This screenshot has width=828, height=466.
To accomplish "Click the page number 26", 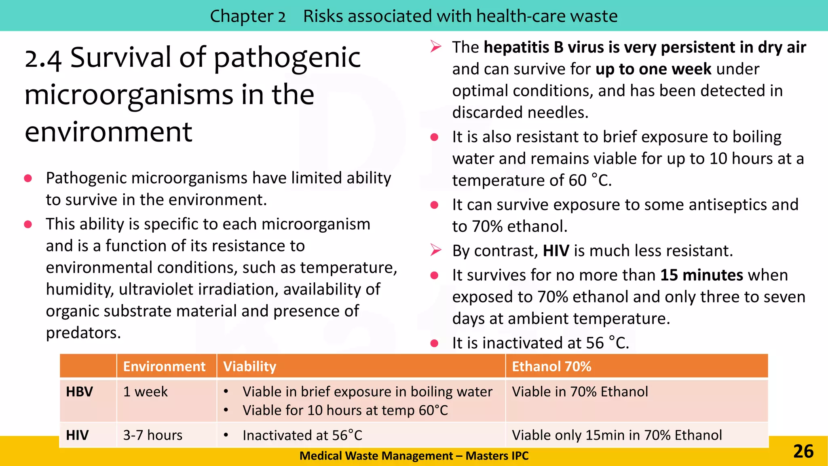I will pos(803,451).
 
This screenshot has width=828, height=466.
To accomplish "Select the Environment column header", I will pos(164,366).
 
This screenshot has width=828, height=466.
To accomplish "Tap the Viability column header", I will pos(249,366).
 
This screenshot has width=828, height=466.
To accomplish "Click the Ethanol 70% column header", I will pos(551,366).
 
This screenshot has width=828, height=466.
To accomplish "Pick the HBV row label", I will pos(80,392).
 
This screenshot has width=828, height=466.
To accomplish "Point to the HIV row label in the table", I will pos(77,435).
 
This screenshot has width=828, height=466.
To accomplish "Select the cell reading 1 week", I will pos(145,392).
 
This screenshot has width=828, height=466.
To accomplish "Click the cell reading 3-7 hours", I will pos(152,435).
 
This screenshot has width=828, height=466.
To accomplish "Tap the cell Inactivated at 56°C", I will pos(302,435).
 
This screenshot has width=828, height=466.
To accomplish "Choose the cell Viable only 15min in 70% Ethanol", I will pos(617,435).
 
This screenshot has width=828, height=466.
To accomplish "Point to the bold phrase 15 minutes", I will pos(701,275).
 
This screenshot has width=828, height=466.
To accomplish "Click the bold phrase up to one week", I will pos(653,69).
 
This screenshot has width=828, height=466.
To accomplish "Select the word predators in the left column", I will pos(83,333).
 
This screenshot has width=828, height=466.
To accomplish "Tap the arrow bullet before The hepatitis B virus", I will pos(435,47).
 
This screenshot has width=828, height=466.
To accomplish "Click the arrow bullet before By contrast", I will pos(435,250).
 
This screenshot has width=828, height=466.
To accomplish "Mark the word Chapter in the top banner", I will pos(241,16).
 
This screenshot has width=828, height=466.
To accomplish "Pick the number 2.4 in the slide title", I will pos(43,59).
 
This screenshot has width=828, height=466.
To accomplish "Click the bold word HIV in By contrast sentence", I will pos(556,251).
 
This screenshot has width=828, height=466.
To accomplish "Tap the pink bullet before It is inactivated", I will pos(435,343).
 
